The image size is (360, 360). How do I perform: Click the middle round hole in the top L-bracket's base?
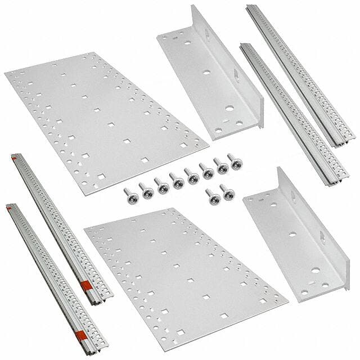206,73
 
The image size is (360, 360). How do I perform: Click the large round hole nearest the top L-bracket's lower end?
229,110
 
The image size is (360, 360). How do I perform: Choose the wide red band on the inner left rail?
88,285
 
